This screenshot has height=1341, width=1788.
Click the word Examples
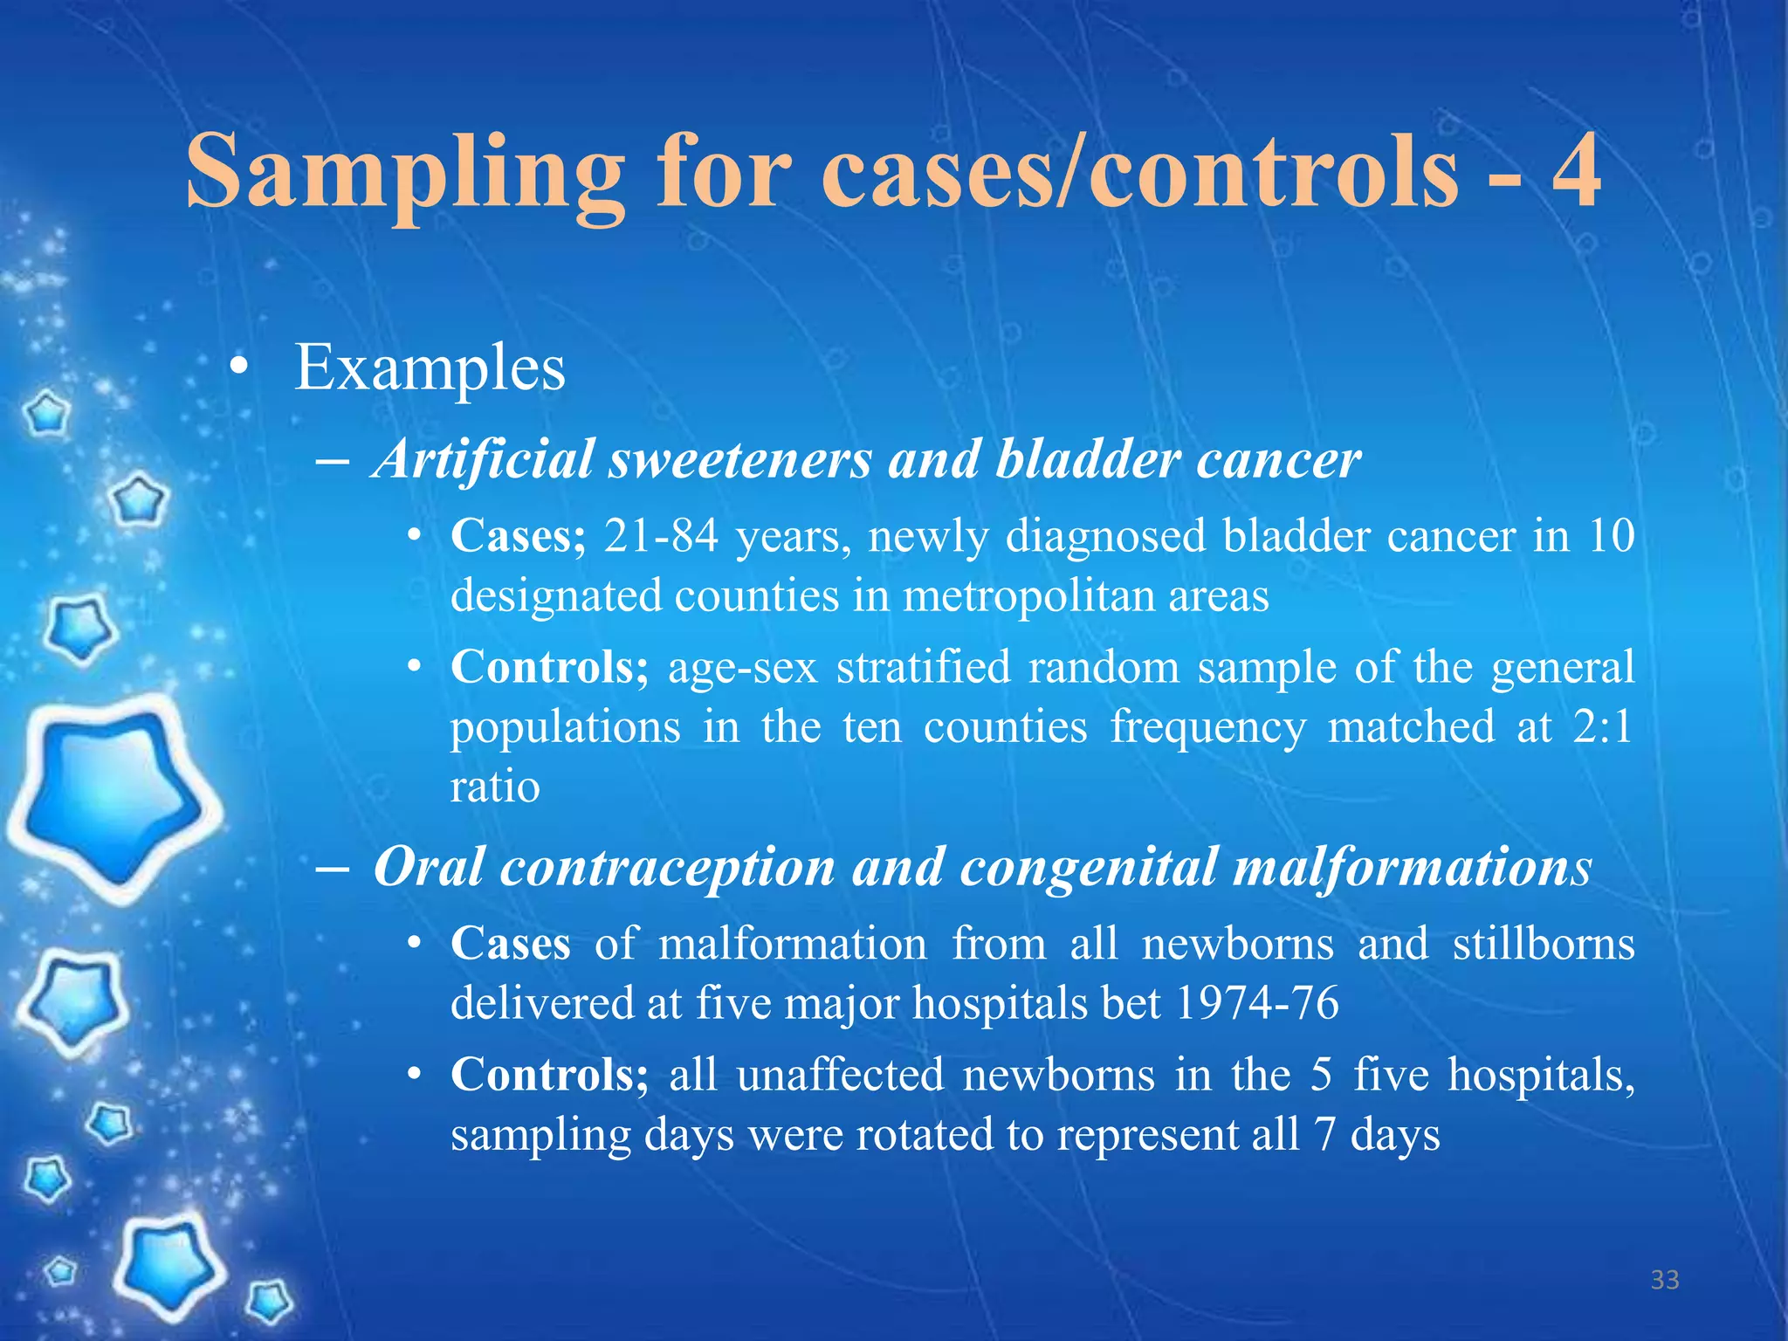pyautogui.click(x=430, y=368)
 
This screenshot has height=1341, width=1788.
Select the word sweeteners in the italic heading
pyautogui.click(x=739, y=459)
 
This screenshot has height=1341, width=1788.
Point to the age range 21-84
pyautogui.click(x=661, y=535)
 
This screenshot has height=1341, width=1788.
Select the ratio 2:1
pyautogui.click(x=1602, y=726)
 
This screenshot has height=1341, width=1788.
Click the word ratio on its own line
pyautogui.click(x=495, y=787)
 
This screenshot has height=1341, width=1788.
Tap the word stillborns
pyautogui.click(x=1543, y=944)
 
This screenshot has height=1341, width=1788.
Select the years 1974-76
pyautogui.click(x=1257, y=1003)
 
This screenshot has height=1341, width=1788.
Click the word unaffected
pyautogui.click(x=840, y=1075)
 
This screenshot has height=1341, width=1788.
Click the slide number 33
pyautogui.click(x=1665, y=1280)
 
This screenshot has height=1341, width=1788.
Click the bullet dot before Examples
pyautogui.click(x=237, y=369)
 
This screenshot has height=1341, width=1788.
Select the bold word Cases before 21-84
pyautogui.click(x=517, y=535)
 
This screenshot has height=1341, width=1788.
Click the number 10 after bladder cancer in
pyautogui.click(x=1611, y=535)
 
